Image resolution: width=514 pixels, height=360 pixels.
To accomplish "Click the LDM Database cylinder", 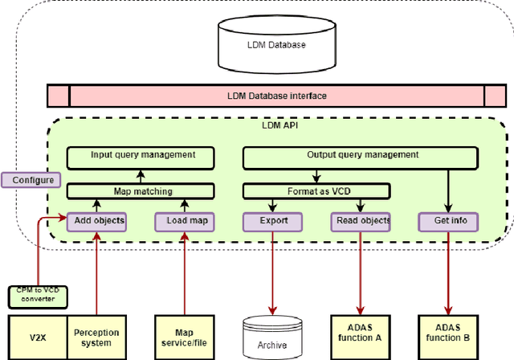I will pyautogui.click(x=275, y=44).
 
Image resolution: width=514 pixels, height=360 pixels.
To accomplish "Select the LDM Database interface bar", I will pyautogui.click(x=275, y=96).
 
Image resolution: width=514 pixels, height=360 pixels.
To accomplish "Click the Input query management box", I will pyautogui.click(x=142, y=156).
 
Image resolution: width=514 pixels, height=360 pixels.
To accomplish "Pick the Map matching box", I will pyautogui.click(x=141, y=191).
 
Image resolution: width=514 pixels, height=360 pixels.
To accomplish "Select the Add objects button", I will pyautogui.click(x=96, y=221).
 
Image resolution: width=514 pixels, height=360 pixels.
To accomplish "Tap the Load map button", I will pyautogui.click(x=185, y=221).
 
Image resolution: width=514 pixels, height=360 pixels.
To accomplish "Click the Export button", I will pyautogui.click(x=272, y=221).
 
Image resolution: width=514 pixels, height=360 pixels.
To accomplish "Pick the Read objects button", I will pyautogui.click(x=360, y=221).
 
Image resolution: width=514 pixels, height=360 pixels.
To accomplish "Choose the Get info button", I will pyautogui.click(x=448, y=221).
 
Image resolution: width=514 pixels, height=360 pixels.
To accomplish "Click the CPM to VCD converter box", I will pyautogui.click(x=39, y=295).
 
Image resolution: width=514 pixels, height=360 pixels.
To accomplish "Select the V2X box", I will pyautogui.click(x=36, y=337).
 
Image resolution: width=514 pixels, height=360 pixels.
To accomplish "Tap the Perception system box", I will pyautogui.click(x=96, y=337).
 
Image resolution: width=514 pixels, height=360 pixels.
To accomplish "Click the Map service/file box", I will pyautogui.click(x=185, y=337).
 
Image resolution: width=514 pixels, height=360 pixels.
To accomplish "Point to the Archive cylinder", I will pyautogui.click(x=273, y=342).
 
